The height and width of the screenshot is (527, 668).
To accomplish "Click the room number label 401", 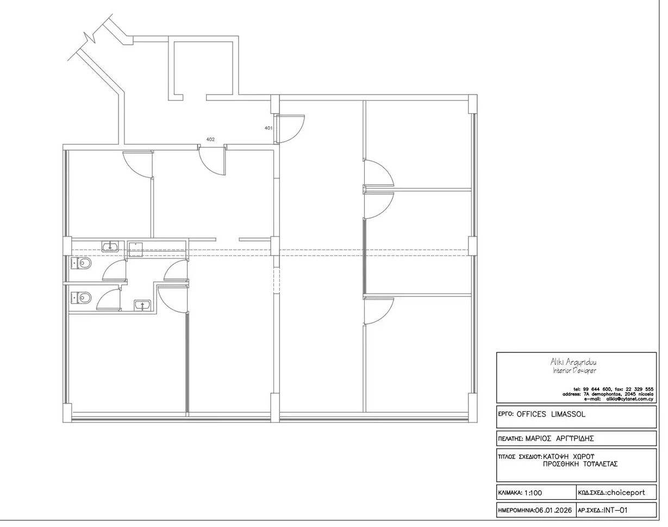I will click(x=269, y=128).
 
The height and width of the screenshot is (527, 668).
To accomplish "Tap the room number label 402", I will click(x=210, y=140).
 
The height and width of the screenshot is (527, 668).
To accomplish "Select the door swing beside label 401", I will click(x=291, y=128).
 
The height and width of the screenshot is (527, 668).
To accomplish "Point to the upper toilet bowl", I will click(x=83, y=264).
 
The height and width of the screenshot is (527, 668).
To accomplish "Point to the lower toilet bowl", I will click(x=83, y=297).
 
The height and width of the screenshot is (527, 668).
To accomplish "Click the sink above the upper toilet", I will click(x=110, y=247).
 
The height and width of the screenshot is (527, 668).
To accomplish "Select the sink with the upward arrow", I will click(x=142, y=305).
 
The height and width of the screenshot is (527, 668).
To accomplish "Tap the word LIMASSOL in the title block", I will click(x=568, y=414).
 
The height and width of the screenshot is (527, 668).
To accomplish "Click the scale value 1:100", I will click(x=533, y=493).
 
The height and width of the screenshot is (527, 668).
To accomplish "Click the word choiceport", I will click(x=625, y=493).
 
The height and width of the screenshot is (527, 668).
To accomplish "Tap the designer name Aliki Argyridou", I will click(x=574, y=362).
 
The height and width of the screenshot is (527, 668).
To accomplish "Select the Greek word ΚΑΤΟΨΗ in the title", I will click(x=558, y=456).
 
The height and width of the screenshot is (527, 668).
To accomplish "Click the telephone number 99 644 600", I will click(x=597, y=389).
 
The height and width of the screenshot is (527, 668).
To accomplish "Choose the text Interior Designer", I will click(x=574, y=371).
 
